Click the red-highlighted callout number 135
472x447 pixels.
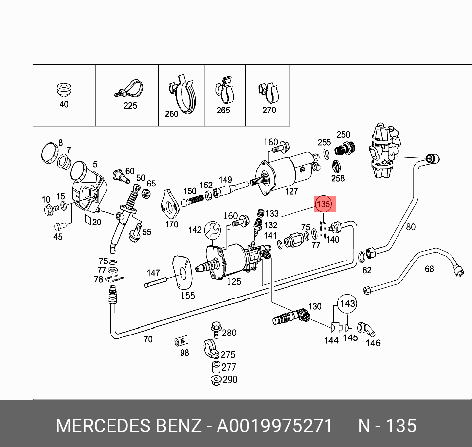point(323,204)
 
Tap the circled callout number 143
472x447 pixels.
point(348,304)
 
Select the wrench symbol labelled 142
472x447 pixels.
point(213,230)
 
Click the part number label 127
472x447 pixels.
point(291,192)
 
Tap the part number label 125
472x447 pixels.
point(234,282)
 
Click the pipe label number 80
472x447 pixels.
point(411,227)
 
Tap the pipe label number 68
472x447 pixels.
point(429,269)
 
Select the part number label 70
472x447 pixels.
point(148,339)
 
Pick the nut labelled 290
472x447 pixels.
point(215,380)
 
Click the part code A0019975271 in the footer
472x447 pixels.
point(275,425)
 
